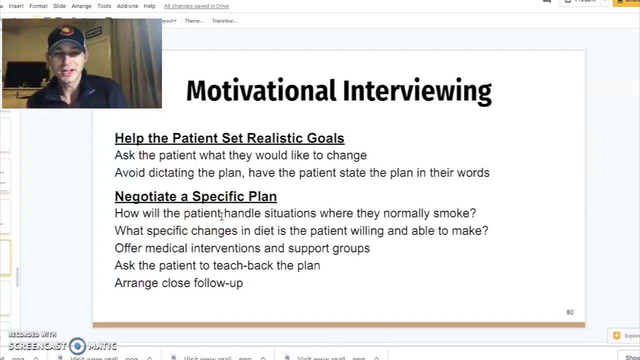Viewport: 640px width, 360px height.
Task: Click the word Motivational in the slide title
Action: (x=260, y=91)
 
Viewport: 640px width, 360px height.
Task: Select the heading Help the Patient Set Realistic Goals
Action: (x=229, y=138)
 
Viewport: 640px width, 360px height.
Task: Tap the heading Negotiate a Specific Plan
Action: (x=195, y=196)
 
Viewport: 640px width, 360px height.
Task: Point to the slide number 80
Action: (x=569, y=312)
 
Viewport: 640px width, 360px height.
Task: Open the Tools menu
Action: (x=104, y=6)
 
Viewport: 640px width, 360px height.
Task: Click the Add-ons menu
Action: (x=127, y=6)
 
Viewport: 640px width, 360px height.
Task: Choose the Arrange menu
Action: (x=81, y=6)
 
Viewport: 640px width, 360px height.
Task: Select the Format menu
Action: (x=38, y=6)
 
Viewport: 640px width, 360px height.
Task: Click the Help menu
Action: (x=149, y=6)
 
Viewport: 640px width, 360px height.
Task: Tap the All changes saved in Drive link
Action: (x=196, y=6)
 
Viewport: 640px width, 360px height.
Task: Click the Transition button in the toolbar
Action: (x=224, y=21)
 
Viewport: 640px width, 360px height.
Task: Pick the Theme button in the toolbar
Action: (x=193, y=21)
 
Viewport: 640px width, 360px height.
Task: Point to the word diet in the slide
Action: (x=263, y=230)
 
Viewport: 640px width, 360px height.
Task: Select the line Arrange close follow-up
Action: (x=178, y=283)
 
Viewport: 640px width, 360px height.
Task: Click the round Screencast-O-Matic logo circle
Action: (x=77, y=345)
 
